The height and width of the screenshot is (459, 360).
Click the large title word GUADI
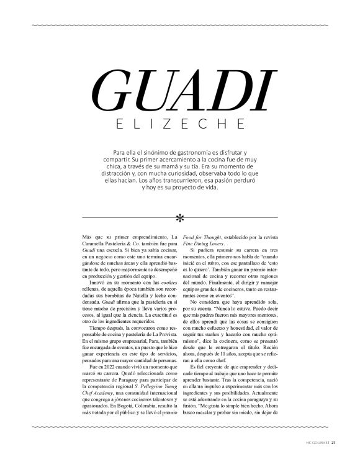pyautogui.click(x=180, y=92)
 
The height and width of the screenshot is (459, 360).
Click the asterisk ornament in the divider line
pyautogui.click(x=180, y=218)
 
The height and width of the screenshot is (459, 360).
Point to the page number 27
pyautogui.click(x=333, y=443)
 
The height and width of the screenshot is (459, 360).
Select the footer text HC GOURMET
pyautogui.click(x=315, y=443)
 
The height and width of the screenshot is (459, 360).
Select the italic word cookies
pyautogui.click(x=163, y=283)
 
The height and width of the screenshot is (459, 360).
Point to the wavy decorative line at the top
pyautogui.click(x=179, y=25)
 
